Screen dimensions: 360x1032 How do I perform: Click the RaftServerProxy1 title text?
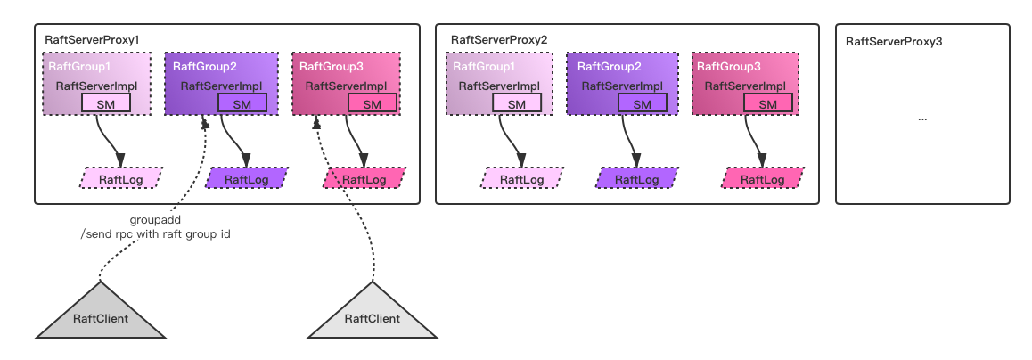pos(92,41)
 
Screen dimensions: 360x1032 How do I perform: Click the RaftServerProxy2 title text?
pos(499,41)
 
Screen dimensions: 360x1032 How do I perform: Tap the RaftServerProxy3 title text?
pos(894,41)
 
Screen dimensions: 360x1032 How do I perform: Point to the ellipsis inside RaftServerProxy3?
pos(921,118)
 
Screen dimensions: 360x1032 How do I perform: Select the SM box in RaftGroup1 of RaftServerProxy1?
pos(106,103)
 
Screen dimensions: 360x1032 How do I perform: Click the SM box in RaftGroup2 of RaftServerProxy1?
pos(242,103)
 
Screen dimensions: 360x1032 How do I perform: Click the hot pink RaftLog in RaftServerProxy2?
pos(762,179)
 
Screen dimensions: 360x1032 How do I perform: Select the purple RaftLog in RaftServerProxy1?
pos(247,179)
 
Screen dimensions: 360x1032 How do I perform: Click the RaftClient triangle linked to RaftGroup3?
pos(372,317)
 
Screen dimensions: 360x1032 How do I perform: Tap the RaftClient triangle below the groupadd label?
pos(101,317)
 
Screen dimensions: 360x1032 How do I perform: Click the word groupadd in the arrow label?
pos(156,218)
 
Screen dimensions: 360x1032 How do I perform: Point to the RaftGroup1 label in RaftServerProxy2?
pos(483,67)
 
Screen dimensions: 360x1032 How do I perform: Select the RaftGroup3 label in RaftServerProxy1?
pos(325,67)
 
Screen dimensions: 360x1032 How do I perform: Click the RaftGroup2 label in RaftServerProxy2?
pos(610,67)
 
